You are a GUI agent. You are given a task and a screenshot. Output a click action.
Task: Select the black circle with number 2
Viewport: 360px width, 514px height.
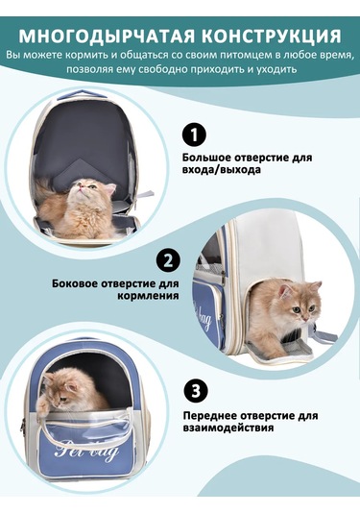click(x=168, y=259)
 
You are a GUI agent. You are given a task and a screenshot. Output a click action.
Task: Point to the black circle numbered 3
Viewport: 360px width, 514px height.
click(x=195, y=391)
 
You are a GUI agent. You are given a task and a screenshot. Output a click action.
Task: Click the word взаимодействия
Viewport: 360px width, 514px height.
click(x=227, y=428)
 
